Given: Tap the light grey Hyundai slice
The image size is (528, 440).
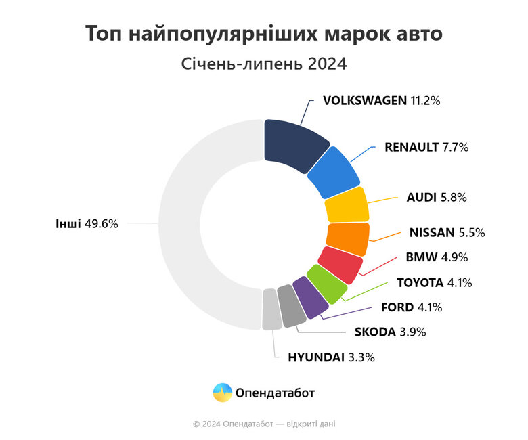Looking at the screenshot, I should point(271,309).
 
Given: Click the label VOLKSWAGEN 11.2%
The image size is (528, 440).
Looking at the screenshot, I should point(382,100).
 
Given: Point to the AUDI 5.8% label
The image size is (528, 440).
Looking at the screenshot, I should point(437,198).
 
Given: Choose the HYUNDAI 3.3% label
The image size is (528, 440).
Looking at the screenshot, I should point(331,357).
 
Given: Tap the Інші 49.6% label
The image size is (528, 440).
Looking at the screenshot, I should point(87,223).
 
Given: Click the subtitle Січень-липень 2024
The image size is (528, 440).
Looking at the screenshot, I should point(264,65).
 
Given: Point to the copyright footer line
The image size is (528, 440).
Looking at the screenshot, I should point(264,424).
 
